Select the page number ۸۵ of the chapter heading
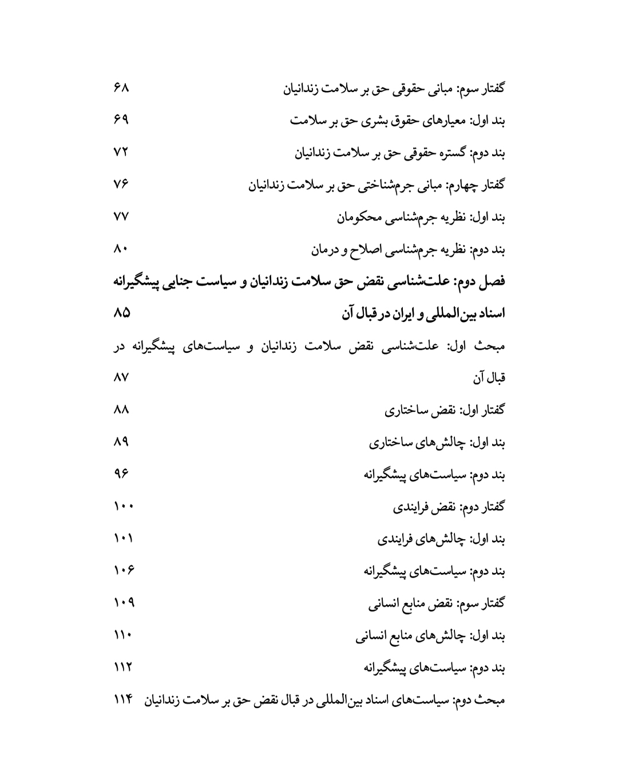coord(122,313)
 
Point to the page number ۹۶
coord(121,473)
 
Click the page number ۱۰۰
coord(123,506)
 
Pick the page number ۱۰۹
coord(124,602)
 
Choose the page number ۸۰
coord(121,249)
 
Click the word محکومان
coord(359,218)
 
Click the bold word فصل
coord(492,282)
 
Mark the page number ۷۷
coord(121,217)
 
